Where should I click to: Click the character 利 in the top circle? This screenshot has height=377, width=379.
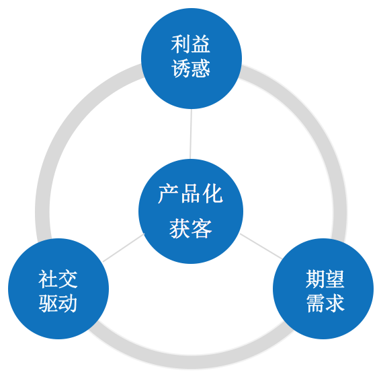click(181, 45)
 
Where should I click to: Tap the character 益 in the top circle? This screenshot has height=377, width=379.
click(201, 45)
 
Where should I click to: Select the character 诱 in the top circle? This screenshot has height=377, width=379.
click(181, 69)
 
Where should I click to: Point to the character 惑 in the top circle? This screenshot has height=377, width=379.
click(201, 69)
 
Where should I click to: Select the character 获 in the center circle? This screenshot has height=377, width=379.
click(179, 229)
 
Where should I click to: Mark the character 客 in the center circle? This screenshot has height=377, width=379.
click(202, 229)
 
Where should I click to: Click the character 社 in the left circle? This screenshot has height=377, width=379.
click(48, 279)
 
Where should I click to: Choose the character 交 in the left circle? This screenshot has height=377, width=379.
click(68, 279)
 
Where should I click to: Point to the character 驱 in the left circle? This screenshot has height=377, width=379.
click(48, 303)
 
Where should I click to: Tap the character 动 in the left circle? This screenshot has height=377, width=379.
click(68, 303)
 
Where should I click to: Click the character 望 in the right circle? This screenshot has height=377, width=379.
click(335, 279)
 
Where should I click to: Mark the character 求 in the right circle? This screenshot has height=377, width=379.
click(335, 303)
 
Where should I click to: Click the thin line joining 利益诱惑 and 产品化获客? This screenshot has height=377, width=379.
click(191, 135)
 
